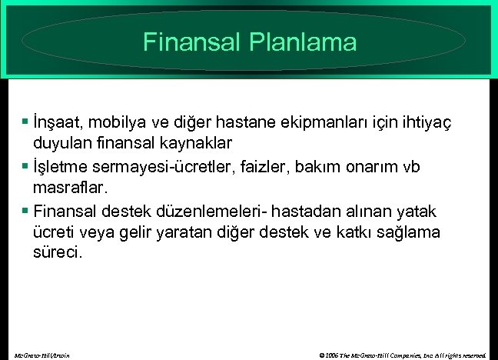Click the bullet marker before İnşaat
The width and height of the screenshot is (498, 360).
pyautogui.click(x=26, y=122)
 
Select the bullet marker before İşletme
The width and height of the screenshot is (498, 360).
pyautogui.click(x=26, y=166)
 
